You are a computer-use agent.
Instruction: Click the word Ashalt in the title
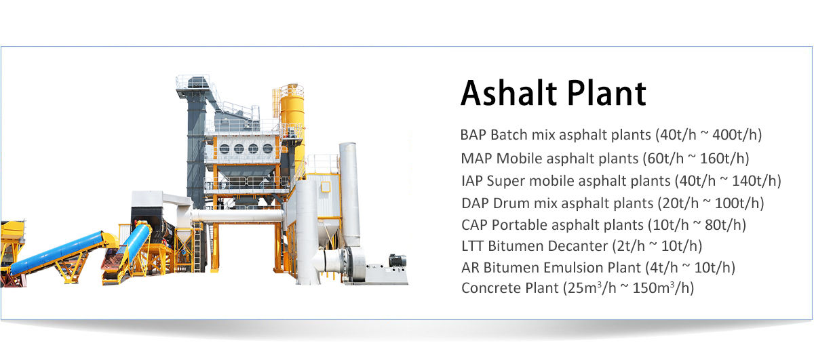pyautogui.click(x=509, y=93)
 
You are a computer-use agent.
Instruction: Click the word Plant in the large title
pyautogui.click(x=606, y=93)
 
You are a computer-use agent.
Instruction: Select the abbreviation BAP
pyautogui.click(x=473, y=135)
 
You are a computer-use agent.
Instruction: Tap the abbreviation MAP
pyautogui.click(x=476, y=159)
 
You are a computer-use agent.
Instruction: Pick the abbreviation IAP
pyautogui.click(x=471, y=181)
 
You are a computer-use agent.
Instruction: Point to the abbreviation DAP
pyautogui.click(x=475, y=203)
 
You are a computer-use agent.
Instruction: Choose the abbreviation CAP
pyautogui.click(x=475, y=225)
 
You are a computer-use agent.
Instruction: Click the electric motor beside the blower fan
pyautogui.click(x=398, y=260)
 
